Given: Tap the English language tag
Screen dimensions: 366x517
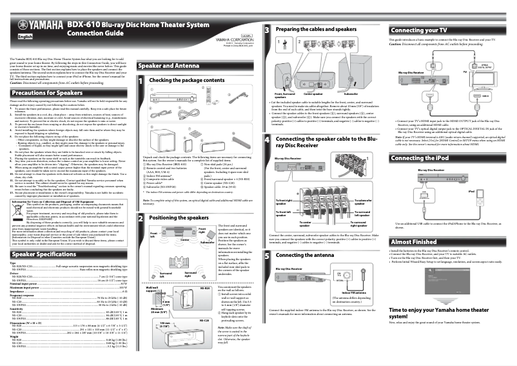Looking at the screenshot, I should (25, 37).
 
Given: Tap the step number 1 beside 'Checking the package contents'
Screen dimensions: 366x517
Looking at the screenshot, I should (142, 80).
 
